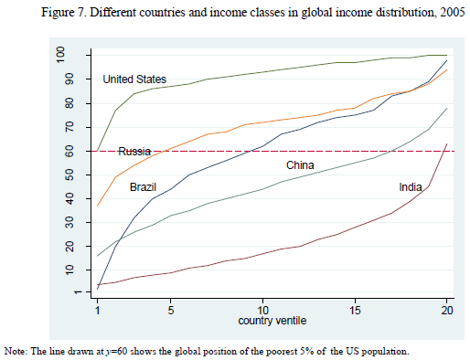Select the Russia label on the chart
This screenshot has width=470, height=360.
[134, 152]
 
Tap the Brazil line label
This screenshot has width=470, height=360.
[143, 186]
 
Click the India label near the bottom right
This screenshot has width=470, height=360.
[411, 187]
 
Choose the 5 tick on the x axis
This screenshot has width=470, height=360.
[171, 309]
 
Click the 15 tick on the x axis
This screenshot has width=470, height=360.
[355, 309]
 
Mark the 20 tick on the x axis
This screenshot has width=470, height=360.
[446, 309]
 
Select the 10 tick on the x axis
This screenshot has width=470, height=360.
[262, 309]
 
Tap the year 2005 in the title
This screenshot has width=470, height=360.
[451, 11]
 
